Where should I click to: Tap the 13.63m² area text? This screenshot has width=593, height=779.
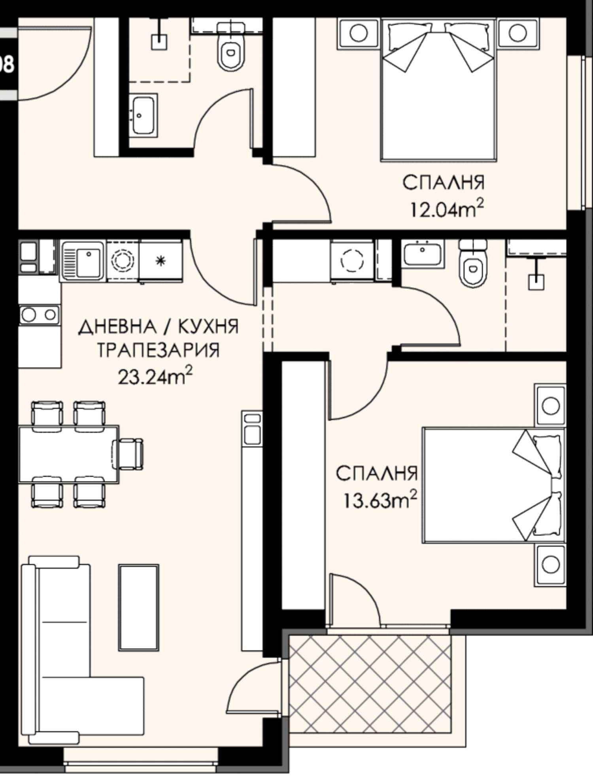(x=380, y=500)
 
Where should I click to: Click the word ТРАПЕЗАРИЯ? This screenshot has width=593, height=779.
(x=158, y=350)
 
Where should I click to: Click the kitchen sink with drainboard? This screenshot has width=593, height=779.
(x=82, y=261)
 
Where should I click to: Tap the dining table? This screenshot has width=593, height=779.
(x=69, y=454)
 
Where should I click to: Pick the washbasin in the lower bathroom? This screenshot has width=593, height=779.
(x=422, y=254)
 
